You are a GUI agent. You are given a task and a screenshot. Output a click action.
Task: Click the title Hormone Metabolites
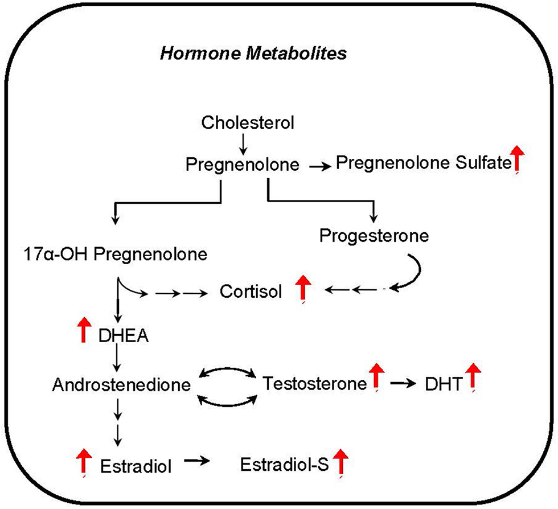(255, 54)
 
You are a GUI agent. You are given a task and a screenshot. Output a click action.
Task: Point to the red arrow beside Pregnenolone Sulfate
(517, 159)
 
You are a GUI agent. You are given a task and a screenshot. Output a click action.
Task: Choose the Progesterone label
(374, 235)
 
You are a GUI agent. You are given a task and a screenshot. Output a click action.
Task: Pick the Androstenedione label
(121, 386)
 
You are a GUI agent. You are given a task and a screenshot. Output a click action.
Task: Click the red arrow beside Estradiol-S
(341, 462)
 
